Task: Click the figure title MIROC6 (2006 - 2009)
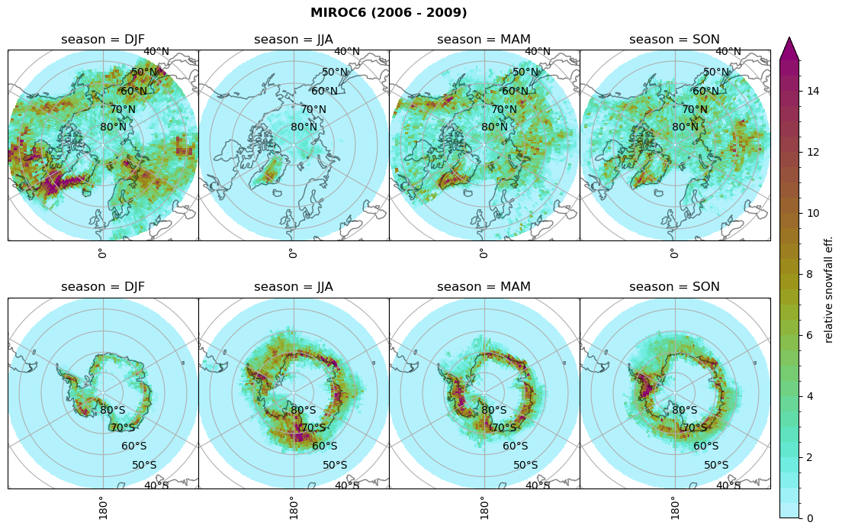tap(388, 13)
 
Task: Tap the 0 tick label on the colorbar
tap(810, 518)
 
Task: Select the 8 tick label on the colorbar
tap(810, 274)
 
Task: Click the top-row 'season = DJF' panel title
tap(103, 40)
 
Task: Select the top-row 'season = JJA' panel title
tap(294, 40)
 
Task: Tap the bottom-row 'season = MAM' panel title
tap(484, 287)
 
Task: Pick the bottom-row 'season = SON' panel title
tap(675, 287)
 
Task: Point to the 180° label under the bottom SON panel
tap(674, 507)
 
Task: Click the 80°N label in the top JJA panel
tap(304, 127)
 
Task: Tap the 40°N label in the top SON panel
tap(728, 52)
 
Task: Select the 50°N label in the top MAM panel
tap(525, 73)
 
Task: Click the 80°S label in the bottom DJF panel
tap(113, 410)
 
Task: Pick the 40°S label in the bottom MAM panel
tap(538, 485)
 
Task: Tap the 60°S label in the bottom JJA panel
tap(325, 447)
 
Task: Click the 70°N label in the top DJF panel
tap(122, 110)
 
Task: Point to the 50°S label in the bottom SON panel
tap(716, 465)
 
